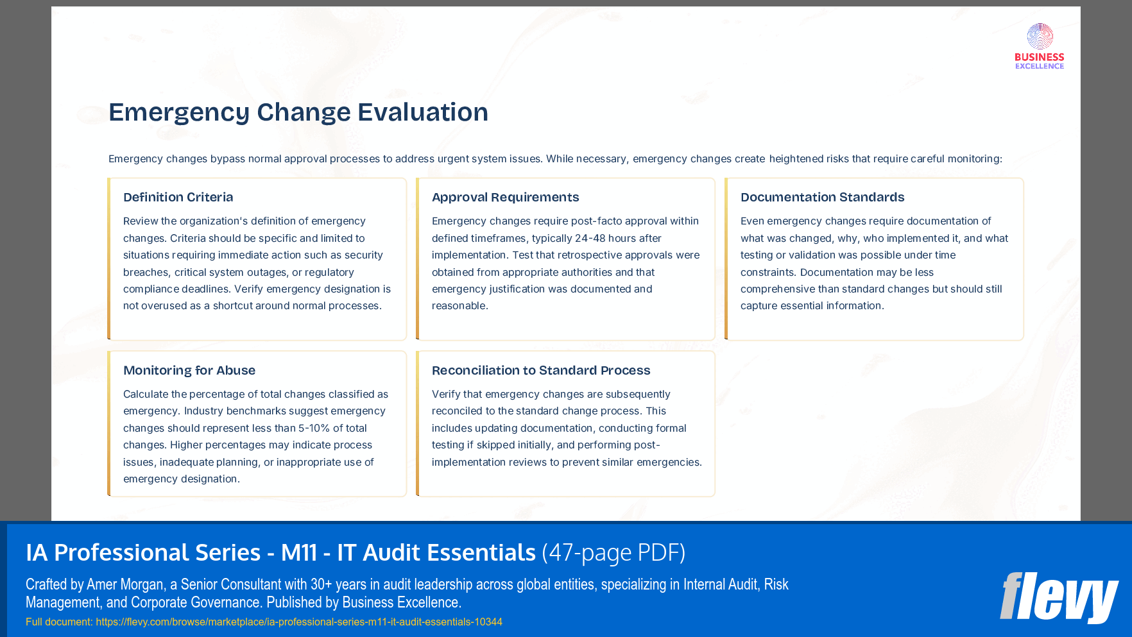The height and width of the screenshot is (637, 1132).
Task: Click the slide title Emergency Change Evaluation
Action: coord(298,112)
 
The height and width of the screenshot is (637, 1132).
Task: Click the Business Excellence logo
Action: coord(1039,46)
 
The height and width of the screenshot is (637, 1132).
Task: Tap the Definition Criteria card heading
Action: coord(178,198)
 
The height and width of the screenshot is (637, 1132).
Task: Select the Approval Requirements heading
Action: coord(505,198)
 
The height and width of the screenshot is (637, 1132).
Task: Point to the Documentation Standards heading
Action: coord(822,198)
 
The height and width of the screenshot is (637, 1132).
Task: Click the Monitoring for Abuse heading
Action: coord(189,371)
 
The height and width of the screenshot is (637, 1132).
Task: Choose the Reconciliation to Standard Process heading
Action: coord(540,371)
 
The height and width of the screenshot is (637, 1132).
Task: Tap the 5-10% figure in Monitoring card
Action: coord(314,429)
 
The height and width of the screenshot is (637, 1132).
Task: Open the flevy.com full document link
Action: coord(298,622)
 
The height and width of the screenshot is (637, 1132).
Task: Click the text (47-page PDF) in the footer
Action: coord(613,553)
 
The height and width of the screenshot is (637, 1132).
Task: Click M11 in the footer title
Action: coord(298,553)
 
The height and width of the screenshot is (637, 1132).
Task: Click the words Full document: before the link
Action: coord(59,622)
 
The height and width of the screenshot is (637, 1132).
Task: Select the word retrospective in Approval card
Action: coord(570,255)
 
